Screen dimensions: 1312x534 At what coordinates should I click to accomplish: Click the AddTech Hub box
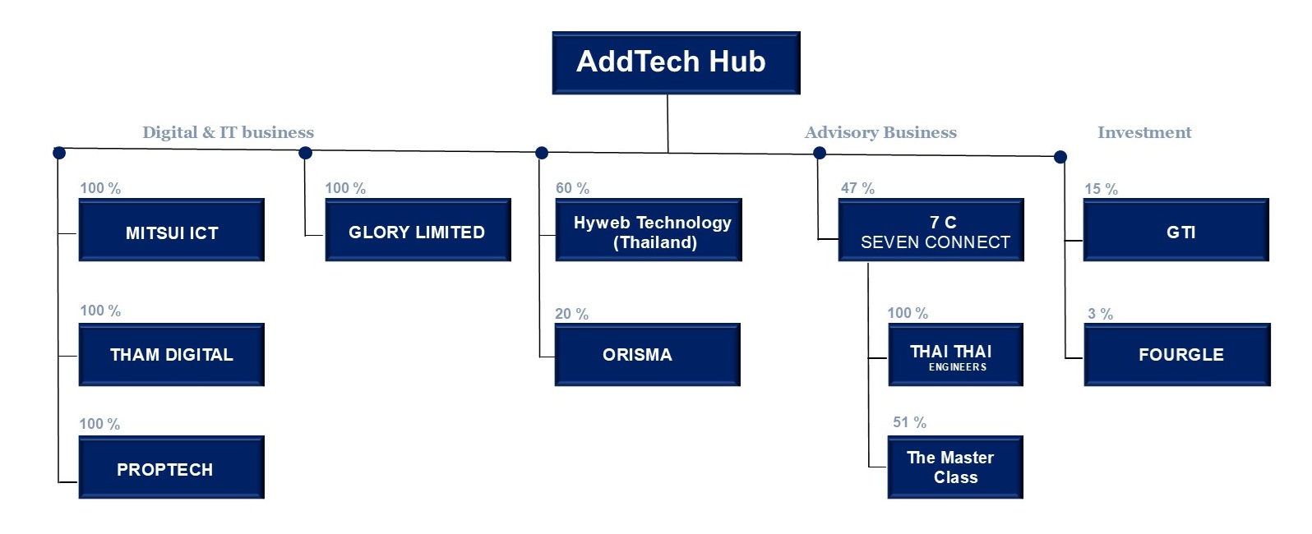click(676, 62)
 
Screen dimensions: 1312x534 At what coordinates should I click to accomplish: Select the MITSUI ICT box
click(172, 229)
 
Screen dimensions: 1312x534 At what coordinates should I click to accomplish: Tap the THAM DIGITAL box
click(172, 354)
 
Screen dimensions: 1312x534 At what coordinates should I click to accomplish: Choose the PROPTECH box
click(172, 467)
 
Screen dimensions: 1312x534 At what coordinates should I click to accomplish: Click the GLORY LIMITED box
click(418, 229)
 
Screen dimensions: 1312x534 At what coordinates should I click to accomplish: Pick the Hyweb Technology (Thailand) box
click(649, 229)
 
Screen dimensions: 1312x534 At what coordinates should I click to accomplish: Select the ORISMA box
click(647, 354)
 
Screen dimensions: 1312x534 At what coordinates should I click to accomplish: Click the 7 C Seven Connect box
click(931, 229)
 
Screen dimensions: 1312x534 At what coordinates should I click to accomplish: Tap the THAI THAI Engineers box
click(955, 354)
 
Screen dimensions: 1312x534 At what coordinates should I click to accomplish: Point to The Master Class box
click(955, 467)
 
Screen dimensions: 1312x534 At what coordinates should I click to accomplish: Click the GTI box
click(1176, 229)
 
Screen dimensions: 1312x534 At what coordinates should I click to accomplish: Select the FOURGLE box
click(1177, 354)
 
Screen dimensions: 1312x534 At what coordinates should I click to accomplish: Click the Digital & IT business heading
click(228, 132)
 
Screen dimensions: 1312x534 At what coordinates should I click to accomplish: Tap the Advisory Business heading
click(880, 132)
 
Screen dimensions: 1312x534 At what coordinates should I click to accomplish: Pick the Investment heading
click(1144, 132)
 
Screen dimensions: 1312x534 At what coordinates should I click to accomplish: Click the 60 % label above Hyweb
click(572, 188)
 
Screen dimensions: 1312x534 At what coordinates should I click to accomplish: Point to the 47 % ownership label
click(857, 188)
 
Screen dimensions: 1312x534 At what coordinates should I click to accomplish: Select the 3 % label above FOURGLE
click(1100, 314)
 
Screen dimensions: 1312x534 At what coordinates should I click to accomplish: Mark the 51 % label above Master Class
click(910, 422)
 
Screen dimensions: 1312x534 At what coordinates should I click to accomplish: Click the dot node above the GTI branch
click(1060, 157)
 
